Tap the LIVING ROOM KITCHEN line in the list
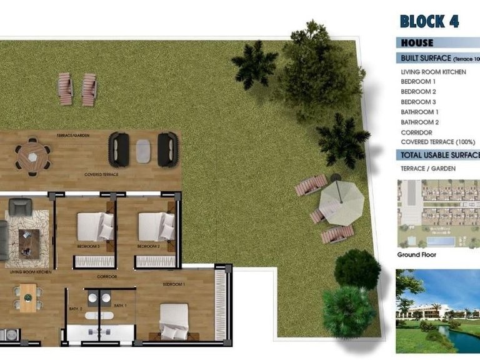point(433,72)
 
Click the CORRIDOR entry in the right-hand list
point(416,132)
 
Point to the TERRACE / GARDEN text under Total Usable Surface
point(428,169)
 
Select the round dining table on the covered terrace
point(32,156)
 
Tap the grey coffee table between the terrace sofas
point(143,149)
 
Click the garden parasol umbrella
point(341,201)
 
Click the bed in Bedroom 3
point(94,226)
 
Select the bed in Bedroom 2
point(156,226)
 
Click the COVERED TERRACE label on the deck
point(101,174)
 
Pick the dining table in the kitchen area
point(28,297)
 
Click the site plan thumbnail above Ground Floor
point(437,214)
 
